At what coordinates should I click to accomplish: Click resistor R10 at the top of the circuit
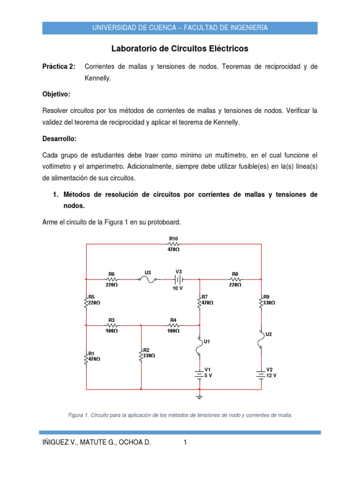click(173, 244)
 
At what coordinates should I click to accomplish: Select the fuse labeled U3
click(148, 279)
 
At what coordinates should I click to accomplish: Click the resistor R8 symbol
click(235, 279)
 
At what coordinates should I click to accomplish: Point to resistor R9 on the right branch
click(261, 303)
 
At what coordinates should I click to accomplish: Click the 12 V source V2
click(261, 374)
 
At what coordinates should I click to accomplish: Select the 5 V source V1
click(200, 374)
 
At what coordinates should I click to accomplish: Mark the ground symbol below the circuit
click(200, 397)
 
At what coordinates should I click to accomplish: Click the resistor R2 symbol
click(141, 355)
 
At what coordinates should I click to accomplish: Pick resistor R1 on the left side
click(86, 359)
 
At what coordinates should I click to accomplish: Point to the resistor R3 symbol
click(112, 325)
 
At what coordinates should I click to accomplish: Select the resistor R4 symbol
click(173, 325)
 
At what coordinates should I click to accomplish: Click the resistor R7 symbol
click(200, 303)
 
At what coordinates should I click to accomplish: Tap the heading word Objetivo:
click(56, 94)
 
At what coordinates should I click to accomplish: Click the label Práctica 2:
click(59, 67)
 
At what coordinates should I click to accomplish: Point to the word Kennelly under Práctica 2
click(97, 79)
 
